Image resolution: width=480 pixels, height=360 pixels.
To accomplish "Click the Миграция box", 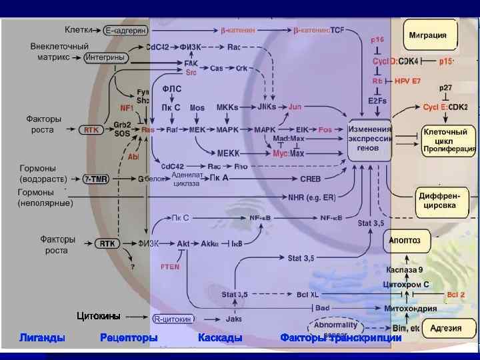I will coord(431,35).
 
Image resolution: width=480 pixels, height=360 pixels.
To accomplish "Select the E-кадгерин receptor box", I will coord(125,30).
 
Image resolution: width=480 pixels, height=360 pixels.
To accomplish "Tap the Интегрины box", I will coord(105,58).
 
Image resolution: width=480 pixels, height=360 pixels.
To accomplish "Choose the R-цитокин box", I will coord(173,319).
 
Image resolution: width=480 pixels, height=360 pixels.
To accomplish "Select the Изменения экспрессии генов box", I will coord(369,138).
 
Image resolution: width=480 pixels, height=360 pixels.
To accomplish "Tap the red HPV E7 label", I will coord(408,81).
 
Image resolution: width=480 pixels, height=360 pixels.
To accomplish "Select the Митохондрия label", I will coord(411,308).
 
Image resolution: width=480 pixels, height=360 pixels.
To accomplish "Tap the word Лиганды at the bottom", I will coord(43,338).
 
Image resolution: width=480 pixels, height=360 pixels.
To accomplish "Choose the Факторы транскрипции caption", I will coord(341,338).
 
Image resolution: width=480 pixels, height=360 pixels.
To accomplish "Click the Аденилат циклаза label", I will coord(186,179).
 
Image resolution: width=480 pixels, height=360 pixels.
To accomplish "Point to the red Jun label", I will coord(295,107).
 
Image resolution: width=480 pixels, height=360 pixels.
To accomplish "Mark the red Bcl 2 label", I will coord(456,294).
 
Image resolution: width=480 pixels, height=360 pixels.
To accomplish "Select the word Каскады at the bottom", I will coord(220,338).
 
